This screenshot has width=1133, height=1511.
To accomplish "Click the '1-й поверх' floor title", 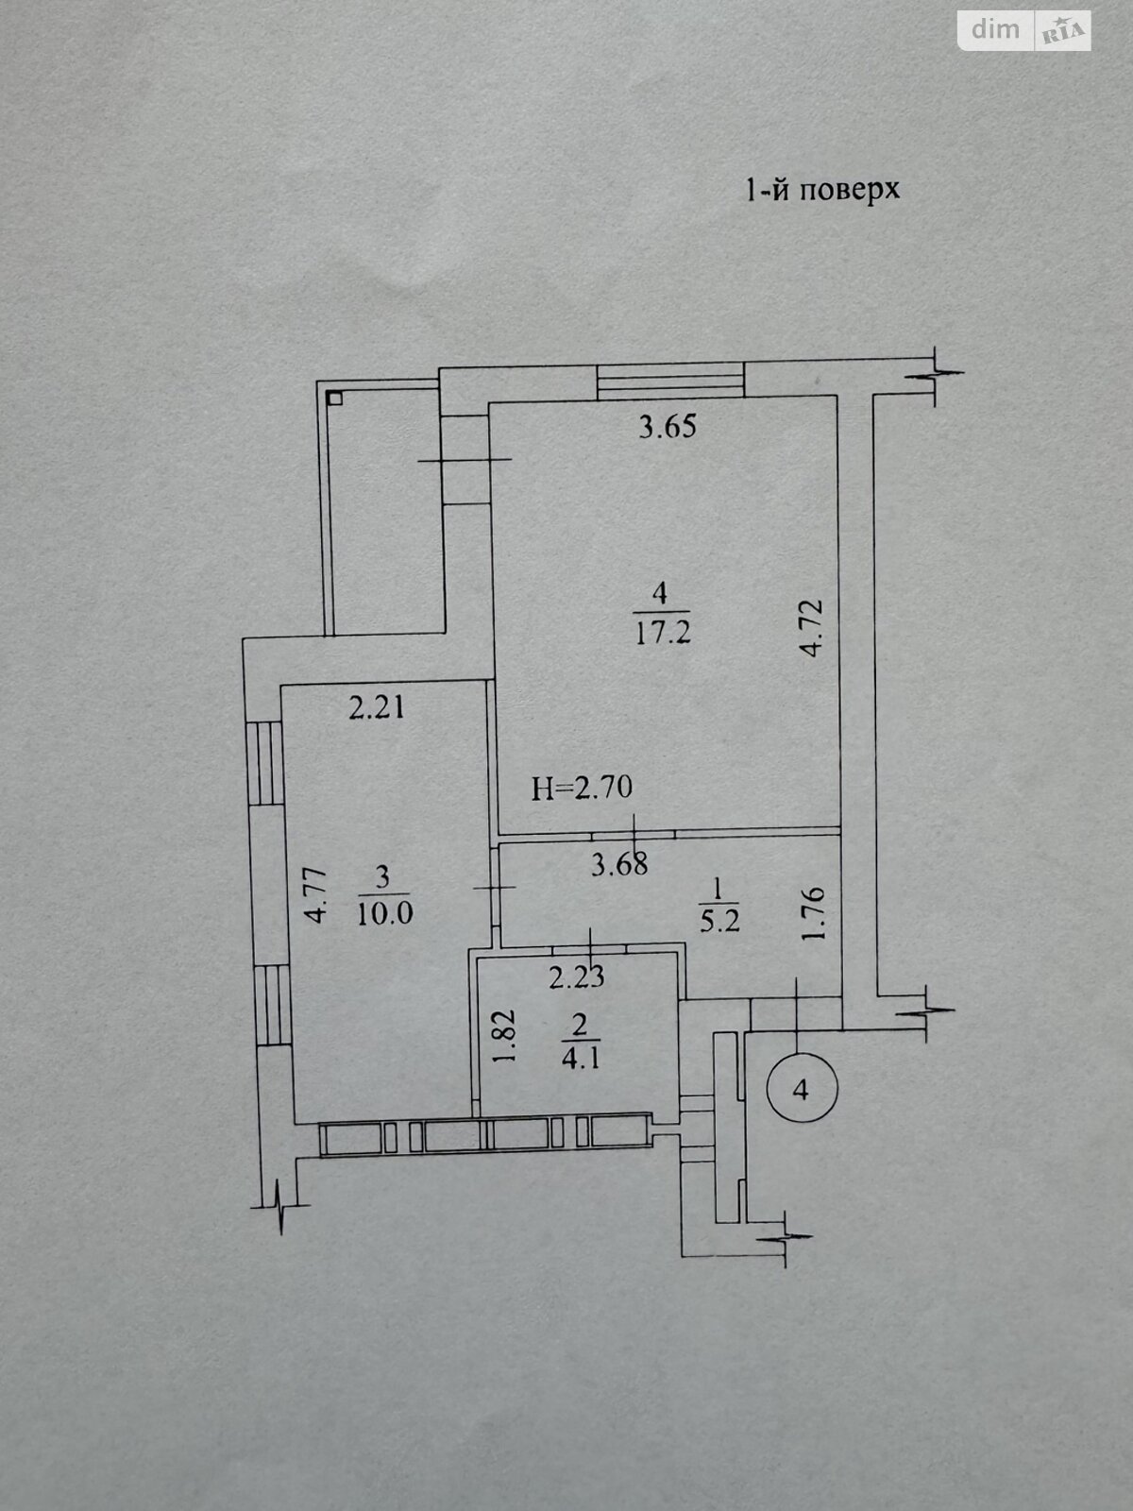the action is click(822, 189).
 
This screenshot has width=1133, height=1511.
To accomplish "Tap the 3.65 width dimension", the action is click(668, 427).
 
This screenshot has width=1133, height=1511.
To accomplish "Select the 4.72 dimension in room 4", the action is click(812, 629).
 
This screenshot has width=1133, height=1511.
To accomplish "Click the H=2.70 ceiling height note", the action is click(582, 788).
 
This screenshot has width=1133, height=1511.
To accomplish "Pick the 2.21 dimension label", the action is click(377, 707).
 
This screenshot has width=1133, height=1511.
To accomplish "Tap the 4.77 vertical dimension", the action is click(317, 895).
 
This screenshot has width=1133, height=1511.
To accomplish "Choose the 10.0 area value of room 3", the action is click(384, 914).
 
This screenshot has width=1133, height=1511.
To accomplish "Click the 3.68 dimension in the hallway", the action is click(619, 865).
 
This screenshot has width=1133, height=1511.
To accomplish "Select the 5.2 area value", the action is click(719, 921).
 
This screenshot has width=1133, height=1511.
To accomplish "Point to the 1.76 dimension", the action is click(812, 913).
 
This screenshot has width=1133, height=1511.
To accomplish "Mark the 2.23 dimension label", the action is click(577, 976).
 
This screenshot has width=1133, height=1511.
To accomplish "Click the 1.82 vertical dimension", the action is click(506, 1036).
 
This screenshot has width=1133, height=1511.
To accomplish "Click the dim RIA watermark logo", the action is click(1024, 31).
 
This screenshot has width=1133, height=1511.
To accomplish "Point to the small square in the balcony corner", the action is click(335, 398).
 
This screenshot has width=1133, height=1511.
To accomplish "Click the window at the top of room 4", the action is click(670, 382).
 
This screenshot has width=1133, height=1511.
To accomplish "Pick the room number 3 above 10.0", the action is click(382, 876).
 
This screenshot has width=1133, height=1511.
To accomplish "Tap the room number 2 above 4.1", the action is click(580, 1026).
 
